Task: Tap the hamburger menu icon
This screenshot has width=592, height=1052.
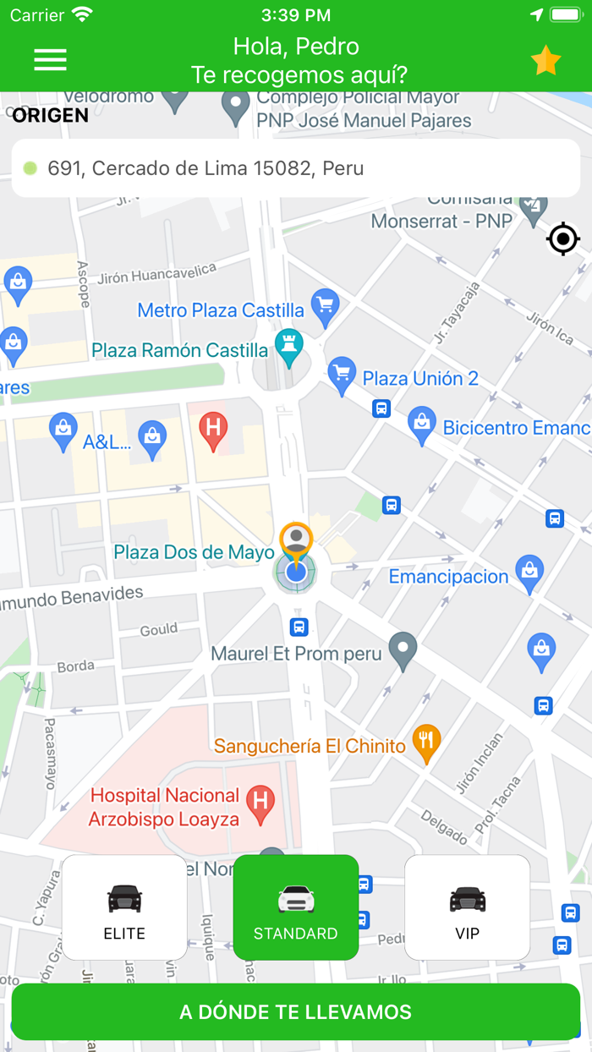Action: [x=50, y=59]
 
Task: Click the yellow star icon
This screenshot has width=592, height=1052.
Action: [x=545, y=61]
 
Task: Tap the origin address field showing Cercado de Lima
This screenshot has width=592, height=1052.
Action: [x=296, y=168]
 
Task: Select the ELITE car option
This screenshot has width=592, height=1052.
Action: [x=124, y=907]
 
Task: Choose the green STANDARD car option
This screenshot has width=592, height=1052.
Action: [x=296, y=907]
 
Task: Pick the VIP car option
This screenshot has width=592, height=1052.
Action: [x=467, y=907]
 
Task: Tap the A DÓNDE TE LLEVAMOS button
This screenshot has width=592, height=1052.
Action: [x=296, y=1012]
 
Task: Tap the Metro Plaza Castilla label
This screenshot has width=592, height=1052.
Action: [x=220, y=310]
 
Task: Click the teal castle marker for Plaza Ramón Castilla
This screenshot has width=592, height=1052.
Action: [x=289, y=346]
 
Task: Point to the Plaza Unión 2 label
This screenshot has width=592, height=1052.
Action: [x=420, y=378]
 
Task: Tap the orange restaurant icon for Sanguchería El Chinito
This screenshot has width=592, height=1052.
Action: [x=425, y=742]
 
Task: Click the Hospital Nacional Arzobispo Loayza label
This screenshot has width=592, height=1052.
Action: [x=165, y=808]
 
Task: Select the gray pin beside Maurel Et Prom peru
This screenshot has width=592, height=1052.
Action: [x=403, y=649]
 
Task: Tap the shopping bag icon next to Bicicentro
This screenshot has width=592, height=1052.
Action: [x=421, y=425]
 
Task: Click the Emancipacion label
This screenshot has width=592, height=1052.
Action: [x=448, y=577]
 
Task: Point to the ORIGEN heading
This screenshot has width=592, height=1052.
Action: [x=50, y=116]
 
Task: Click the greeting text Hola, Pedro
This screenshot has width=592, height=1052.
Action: [x=296, y=46]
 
